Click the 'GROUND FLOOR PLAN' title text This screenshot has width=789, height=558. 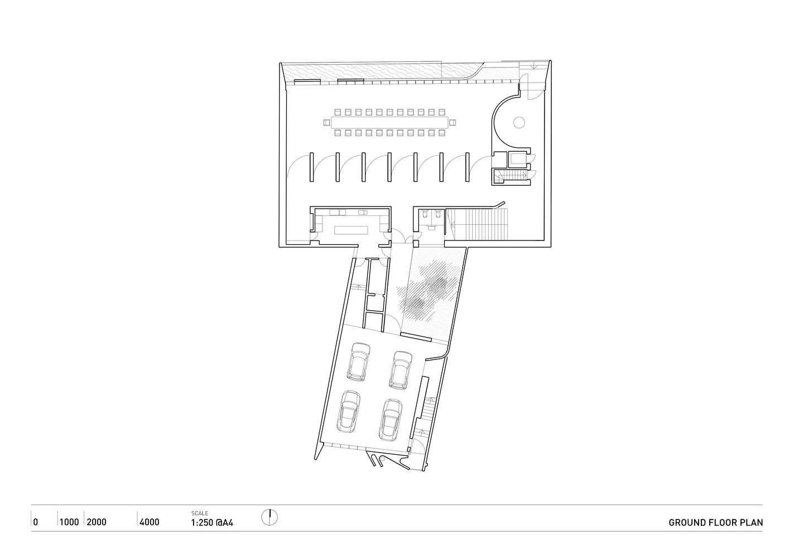[x=716, y=522]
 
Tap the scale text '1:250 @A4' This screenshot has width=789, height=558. [x=212, y=522]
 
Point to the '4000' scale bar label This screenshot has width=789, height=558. [x=150, y=522]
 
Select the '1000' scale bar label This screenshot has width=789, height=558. [x=69, y=522]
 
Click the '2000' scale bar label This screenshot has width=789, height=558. [x=97, y=522]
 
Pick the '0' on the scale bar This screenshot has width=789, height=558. [x=36, y=522]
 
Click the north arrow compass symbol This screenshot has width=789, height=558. [x=270, y=517]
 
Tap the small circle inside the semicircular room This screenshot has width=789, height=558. [x=519, y=123]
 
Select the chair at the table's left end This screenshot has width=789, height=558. [x=327, y=123]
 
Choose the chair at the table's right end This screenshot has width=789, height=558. [x=453, y=123]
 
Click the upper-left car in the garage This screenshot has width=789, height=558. [x=359, y=362]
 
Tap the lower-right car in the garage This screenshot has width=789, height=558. [x=391, y=420]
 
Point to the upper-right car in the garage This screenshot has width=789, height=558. [x=401, y=370]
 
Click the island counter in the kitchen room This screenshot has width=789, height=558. [x=351, y=230]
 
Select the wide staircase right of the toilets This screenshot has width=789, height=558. [x=477, y=224]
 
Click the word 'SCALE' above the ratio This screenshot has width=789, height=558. [x=200, y=513]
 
